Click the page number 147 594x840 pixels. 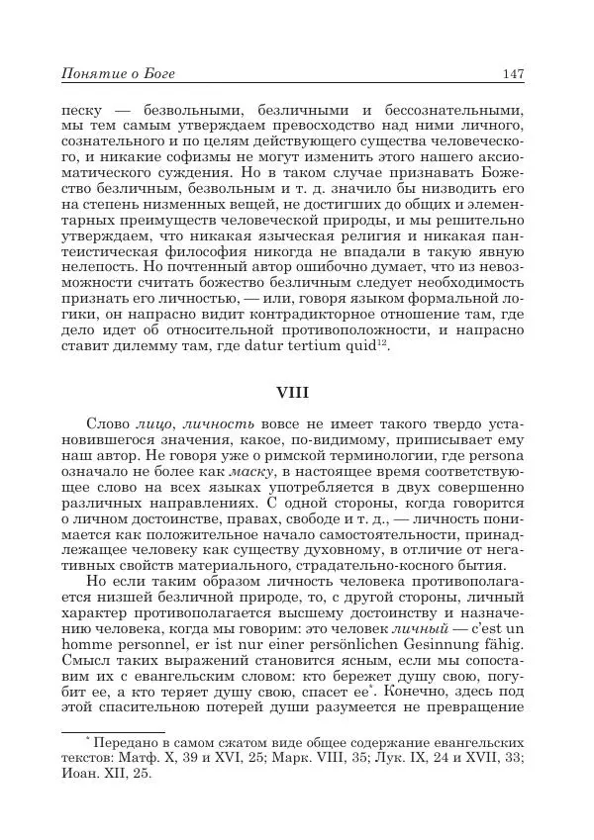(x=512, y=72)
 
